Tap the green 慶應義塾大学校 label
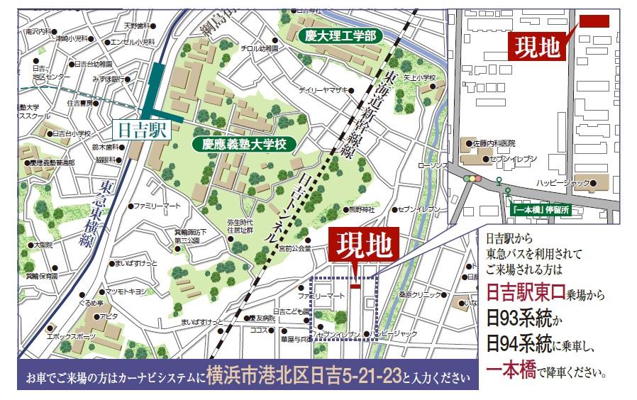coord(243,144)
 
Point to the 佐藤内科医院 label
coord(506,143)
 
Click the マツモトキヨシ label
coord(126,291)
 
